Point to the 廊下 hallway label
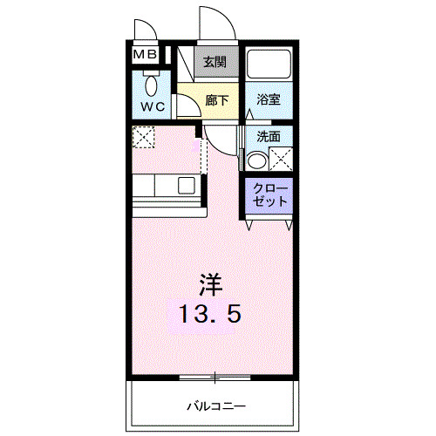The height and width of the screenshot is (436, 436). click(216, 100)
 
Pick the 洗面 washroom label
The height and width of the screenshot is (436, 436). click(268, 138)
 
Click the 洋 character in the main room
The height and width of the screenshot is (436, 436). click(209, 283)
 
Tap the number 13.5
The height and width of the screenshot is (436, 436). click(209, 314)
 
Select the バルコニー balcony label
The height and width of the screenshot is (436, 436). click(215, 405)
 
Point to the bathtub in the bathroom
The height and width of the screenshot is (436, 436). click(268, 66)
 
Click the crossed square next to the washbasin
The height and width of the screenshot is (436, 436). click(281, 160)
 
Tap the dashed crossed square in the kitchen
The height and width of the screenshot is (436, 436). click(142, 136)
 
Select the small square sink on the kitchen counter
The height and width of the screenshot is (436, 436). click(186, 185)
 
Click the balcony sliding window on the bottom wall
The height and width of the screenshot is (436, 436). click(214, 378)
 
